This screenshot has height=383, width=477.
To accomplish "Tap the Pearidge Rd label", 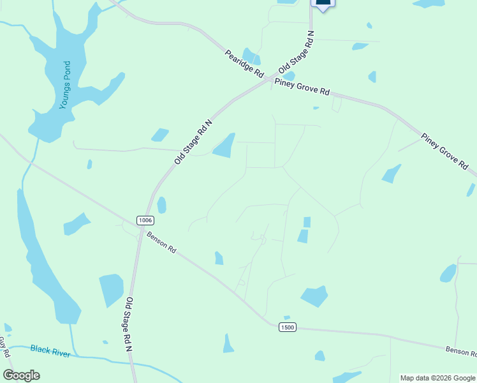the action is coord(244,63).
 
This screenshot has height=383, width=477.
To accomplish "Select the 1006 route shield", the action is coord(145,220).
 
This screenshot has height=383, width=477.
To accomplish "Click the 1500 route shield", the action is coord(287,327).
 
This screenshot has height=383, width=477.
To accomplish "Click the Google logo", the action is coord(22,375).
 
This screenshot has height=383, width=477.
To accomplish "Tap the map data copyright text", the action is coord(437,378).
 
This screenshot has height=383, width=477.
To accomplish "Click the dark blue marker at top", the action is coord(323,3).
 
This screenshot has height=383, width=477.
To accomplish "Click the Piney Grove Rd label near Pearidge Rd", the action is coord(302,87).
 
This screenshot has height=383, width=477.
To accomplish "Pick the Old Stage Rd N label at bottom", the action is coord(128,324).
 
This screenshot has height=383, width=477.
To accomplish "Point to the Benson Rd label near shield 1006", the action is coord(161,243).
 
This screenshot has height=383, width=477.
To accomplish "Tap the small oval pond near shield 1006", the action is coord(161,205).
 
